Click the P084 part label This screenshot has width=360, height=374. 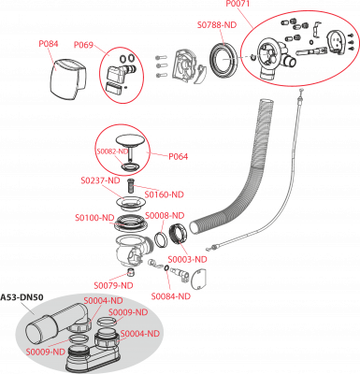coord(49,44)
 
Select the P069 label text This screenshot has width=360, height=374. coord(83,45)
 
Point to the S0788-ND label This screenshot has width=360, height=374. coord(217,25)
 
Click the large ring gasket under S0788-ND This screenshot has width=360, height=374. coord(224,59)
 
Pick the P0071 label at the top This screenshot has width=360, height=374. coord(238,4)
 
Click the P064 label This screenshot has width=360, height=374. coord(179,156)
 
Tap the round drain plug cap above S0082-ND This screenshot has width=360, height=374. coord(130,140)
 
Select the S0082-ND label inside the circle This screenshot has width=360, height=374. coord(112,151)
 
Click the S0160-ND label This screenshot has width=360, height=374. coord(165,194)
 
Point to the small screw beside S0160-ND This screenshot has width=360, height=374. coord(130,186)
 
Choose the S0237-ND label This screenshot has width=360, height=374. coord(100,180)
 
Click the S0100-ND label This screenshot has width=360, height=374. coord(94,218)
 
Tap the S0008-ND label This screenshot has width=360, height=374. coord(165,215)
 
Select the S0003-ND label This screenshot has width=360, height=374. coord(187,259)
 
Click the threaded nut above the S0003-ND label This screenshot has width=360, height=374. coord(178,235)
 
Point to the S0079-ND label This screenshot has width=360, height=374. coord(113,285)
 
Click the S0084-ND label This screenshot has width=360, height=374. coord(171,296)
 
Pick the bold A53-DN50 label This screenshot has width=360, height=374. coord(22,297)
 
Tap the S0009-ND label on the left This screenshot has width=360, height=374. coord(46,352)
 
